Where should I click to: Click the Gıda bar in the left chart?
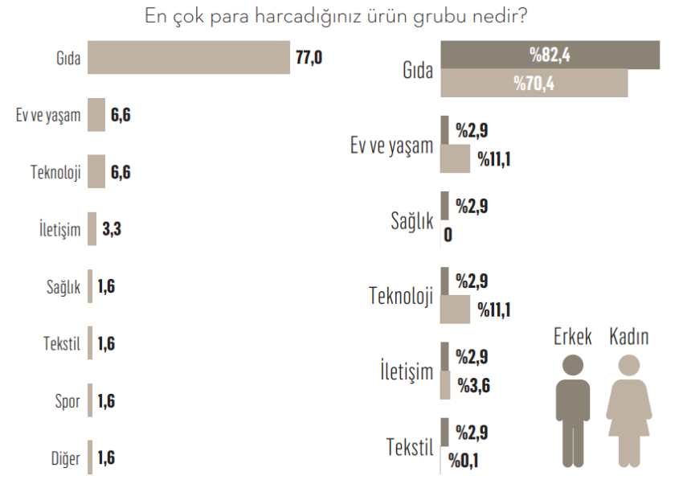coord(189,58)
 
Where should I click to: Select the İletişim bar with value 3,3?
coord(92,229)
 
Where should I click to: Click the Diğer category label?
coord(65,458)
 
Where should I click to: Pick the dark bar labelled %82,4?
coord(550,55)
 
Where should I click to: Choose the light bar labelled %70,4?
coord(534,84)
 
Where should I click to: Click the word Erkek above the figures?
coord(573,337)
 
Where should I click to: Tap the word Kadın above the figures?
coord(629,337)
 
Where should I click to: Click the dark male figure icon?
coord(573,410)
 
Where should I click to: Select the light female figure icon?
coord(629,410)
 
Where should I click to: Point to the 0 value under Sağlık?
coord(447,236)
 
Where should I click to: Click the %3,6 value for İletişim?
coord(474,387)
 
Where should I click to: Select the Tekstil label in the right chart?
coord(410,447)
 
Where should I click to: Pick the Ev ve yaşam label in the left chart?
coord(48,115)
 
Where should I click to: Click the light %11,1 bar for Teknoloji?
coord(456,310)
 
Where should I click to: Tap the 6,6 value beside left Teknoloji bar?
coord(121,172)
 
